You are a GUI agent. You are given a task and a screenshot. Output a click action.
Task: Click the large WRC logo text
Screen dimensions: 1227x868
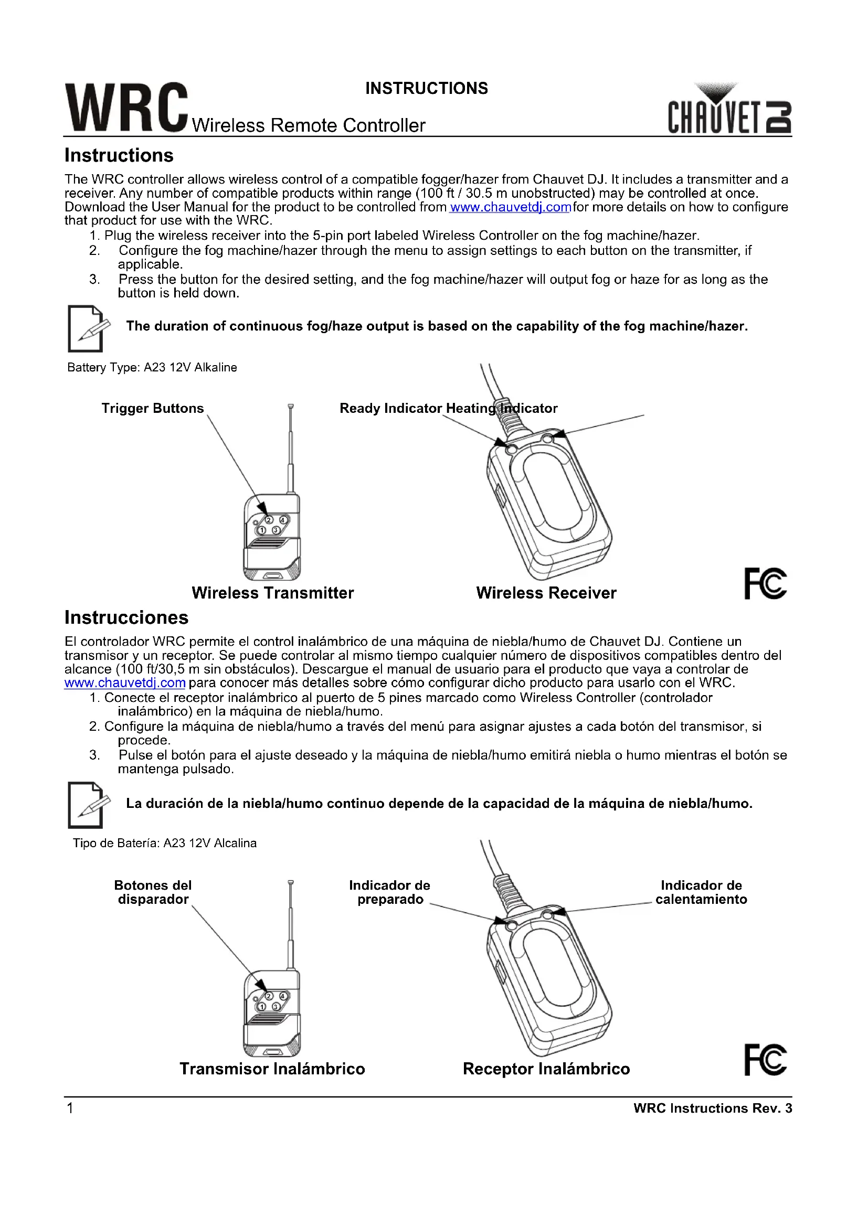pyautogui.click(x=126, y=108)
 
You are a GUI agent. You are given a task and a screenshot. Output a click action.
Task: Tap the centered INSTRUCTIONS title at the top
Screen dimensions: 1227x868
pyautogui.click(x=427, y=88)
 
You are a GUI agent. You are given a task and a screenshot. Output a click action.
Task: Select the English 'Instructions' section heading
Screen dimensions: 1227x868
pyautogui.click(x=119, y=155)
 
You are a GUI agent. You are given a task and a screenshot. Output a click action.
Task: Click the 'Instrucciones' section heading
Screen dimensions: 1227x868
pyautogui.click(x=126, y=618)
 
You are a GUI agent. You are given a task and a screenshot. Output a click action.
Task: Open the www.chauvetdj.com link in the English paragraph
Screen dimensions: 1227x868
pyautogui.click(x=510, y=207)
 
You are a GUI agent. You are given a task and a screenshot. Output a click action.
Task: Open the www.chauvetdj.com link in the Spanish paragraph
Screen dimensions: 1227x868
pyautogui.click(x=124, y=683)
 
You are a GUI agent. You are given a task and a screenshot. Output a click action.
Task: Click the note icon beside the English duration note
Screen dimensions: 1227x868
pyautogui.click(x=88, y=329)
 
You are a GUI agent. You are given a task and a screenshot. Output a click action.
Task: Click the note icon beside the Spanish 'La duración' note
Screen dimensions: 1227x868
pyautogui.click(x=88, y=805)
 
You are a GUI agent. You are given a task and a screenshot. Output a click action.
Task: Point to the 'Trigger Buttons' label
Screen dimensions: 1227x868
pyautogui.click(x=152, y=408)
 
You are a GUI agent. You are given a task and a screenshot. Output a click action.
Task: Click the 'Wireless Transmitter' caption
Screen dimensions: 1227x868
pyautogui.click(x=272, y=593)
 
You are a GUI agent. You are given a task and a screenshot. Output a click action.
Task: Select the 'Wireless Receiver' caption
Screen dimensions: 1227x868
pyautogui.click(x=546, y=593)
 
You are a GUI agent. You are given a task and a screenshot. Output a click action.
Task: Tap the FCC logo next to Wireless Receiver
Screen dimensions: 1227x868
pyautogui.click(x=765, y=583)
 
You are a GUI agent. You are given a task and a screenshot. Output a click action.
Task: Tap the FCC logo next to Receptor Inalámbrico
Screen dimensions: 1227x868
pyautogui.click(x=765, y=1060)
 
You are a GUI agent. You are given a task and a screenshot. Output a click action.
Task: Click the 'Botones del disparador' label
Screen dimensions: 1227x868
pyautogui.click(x=153, y=892)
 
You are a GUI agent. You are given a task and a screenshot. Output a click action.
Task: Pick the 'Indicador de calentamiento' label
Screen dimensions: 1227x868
pyautogui.click(x=701, y=892)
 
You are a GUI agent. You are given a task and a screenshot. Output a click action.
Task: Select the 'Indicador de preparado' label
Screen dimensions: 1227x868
pyautogui.click(x=389, y=892)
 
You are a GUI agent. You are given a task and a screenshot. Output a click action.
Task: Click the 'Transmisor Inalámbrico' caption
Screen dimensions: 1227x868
pyautogui.click(x=272, y=1069)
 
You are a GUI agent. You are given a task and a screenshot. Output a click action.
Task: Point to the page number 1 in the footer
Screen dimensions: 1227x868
pyautogui.click(x=69, y=1108)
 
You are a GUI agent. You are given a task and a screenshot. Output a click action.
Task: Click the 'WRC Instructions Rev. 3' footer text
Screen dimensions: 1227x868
pyautogui.click(x=712, y=1108)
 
